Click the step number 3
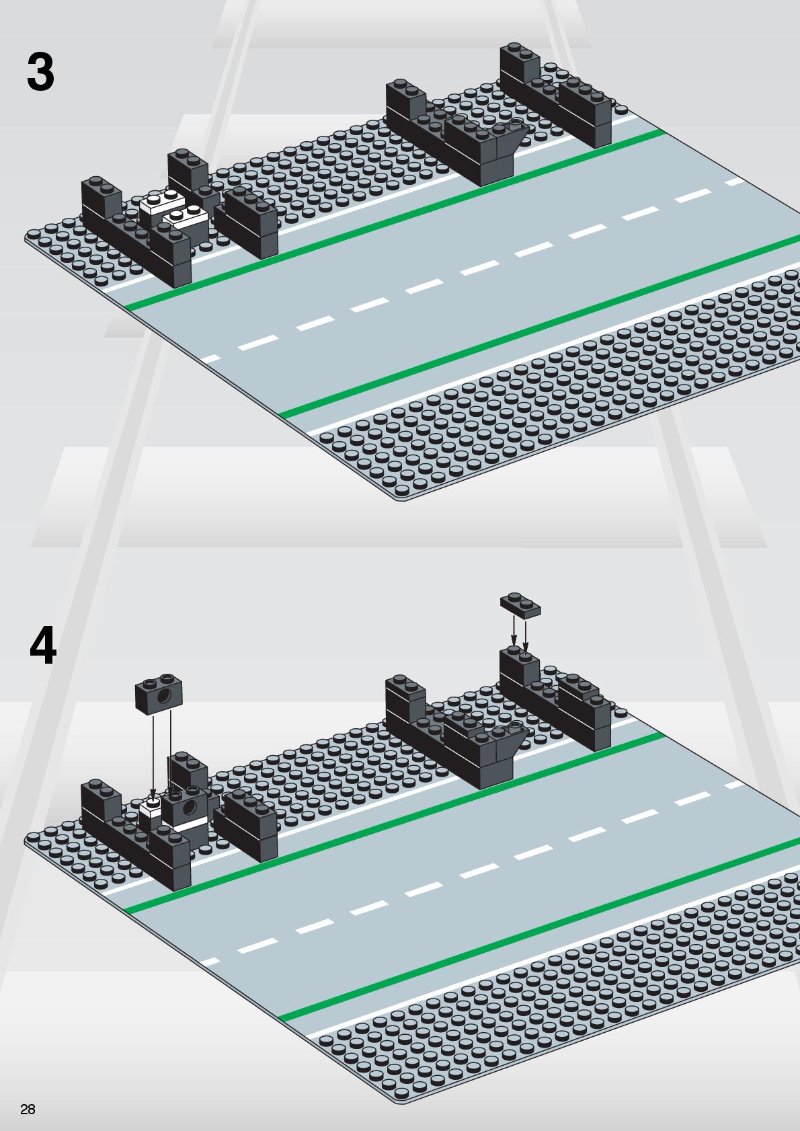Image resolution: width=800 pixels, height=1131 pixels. click(40, 73)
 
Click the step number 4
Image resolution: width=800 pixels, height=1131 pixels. click(43, 646)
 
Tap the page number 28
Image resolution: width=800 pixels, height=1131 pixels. click(28, 1109)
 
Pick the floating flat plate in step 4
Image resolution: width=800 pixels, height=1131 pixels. click(520, 605)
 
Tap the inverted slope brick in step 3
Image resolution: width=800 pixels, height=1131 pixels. click(509, 143)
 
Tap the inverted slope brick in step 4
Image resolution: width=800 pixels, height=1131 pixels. click(509, 746)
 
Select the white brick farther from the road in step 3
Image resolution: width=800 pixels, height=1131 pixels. click(161, 202)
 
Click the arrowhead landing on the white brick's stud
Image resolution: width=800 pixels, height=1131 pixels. click(153, 798)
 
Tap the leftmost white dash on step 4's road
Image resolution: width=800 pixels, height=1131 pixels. click(210, 962)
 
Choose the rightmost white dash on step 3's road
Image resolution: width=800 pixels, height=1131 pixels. click(735, 182)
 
